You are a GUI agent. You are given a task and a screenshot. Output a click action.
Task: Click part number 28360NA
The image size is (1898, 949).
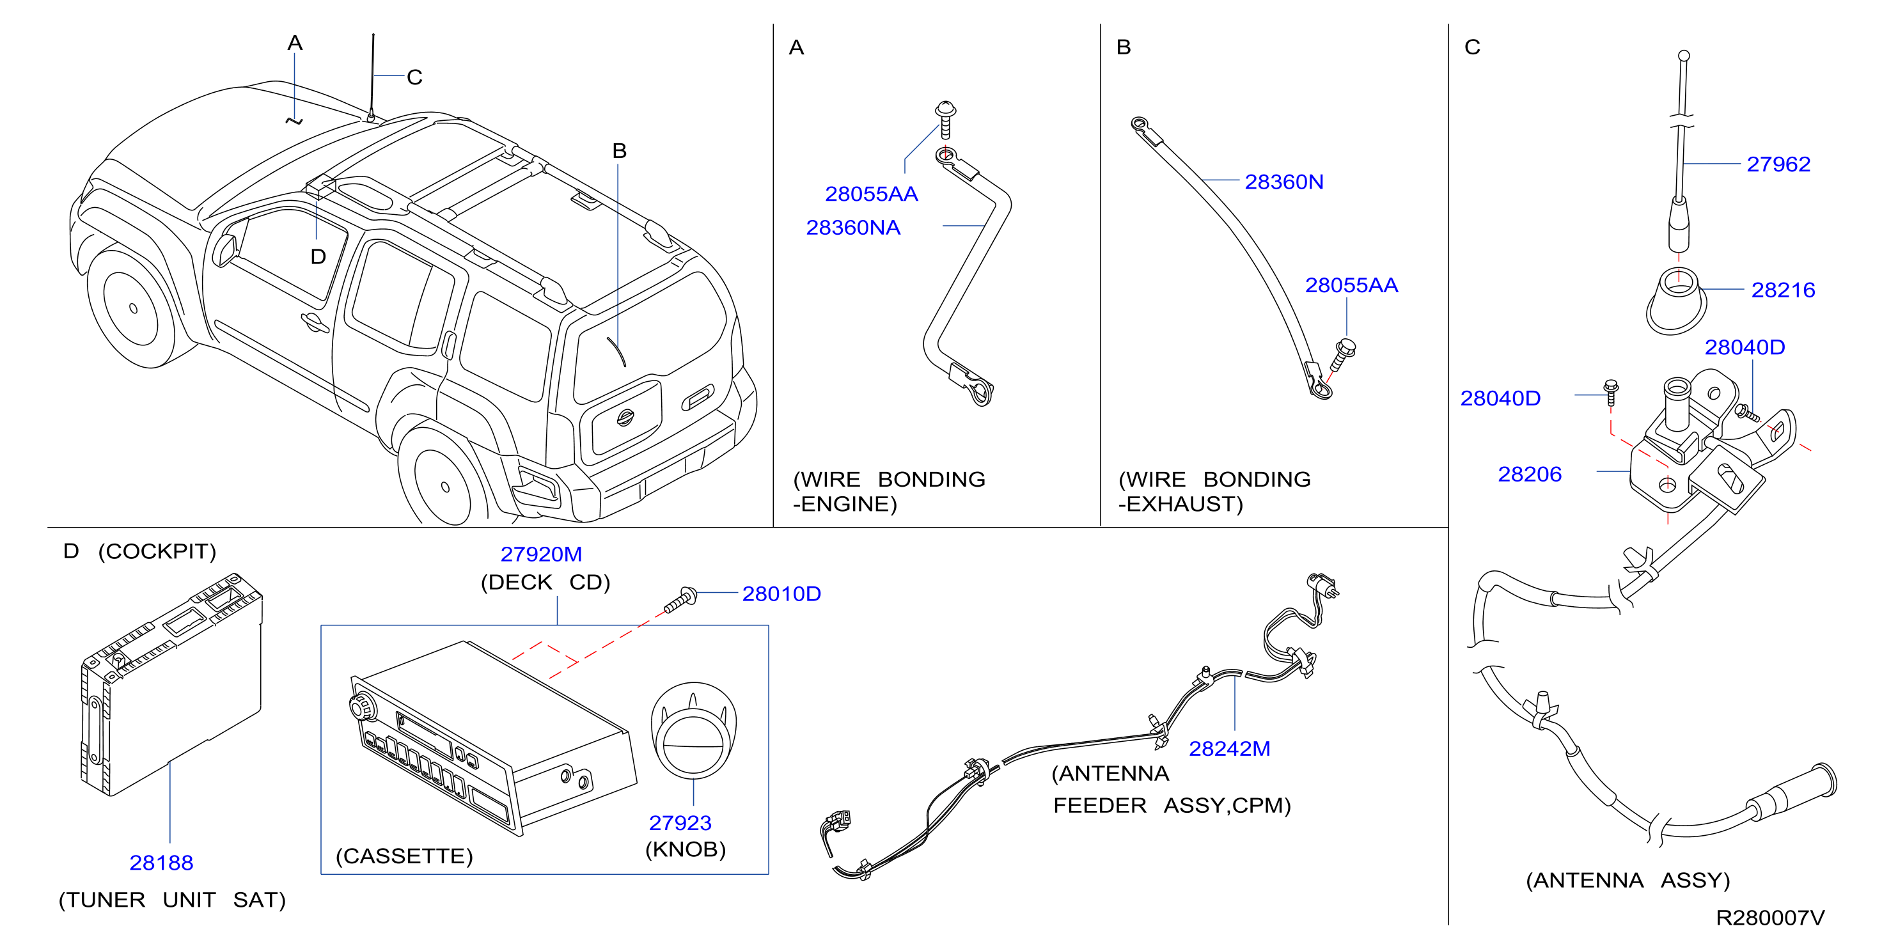[x=852, y=228]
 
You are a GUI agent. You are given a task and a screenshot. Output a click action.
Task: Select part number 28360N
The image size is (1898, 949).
[x=1283, y=182]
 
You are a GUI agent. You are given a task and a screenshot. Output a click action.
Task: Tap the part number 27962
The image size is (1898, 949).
[x=1778, y=164]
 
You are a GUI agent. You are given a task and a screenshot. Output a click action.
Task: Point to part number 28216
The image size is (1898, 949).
[x=1782, y=290]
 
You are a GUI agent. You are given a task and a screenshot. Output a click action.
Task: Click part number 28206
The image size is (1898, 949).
[x=1530, y=474]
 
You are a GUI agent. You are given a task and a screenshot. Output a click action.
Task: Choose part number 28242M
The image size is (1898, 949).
[x=1229, y=749]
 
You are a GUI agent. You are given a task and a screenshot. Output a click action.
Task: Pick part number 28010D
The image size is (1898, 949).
[x=781, y=594]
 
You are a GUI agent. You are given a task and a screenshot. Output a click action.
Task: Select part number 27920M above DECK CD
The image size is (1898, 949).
[x=541, y=554]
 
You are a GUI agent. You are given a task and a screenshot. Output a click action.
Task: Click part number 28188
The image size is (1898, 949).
[x=161, y=863]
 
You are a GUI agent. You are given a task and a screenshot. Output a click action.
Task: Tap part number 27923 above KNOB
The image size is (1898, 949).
[x=680, y=823]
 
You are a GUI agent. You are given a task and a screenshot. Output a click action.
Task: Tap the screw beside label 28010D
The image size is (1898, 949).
[x=680, y=600]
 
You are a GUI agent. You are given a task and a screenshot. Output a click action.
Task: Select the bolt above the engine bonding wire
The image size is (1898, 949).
[x=945, y=120]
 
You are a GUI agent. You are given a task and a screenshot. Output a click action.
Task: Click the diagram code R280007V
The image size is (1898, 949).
[x=1770, y=918]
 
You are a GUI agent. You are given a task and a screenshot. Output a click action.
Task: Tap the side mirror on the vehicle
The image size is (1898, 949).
[x=224, y=248]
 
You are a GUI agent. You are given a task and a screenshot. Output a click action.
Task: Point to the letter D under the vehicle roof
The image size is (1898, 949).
[x=318, y=257]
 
